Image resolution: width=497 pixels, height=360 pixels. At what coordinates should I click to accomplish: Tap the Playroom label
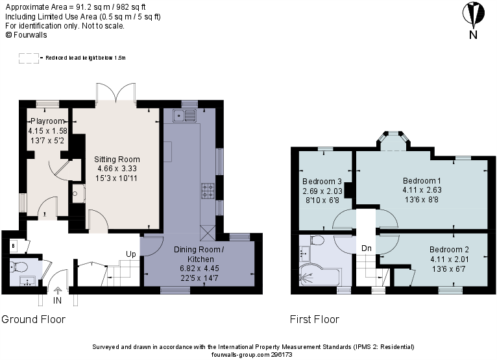(x=47, y=121)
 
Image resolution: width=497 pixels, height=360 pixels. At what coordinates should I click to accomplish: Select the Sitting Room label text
(x=117, y=159)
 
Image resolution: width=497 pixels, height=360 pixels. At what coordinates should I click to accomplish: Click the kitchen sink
(x=185, y=116)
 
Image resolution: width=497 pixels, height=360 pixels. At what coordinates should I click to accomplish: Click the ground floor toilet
(x=17, y=266)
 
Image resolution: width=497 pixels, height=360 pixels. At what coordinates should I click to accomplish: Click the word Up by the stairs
(x=130, y=254)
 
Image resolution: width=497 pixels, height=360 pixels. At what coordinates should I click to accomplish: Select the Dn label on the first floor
(x=367, y=247)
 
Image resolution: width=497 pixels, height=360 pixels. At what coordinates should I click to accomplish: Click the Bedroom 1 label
(x=422, y=180)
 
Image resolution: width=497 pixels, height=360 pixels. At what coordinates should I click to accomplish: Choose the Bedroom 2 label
(x=449, y=250)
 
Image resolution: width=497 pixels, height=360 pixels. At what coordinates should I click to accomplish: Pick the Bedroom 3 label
(x=322, y=181)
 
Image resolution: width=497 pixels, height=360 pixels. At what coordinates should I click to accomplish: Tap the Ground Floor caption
(x=33, y=320)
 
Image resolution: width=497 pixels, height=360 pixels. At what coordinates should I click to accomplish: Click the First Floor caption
(x=315, y=320)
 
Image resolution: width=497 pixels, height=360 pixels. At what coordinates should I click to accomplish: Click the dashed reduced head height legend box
(x=29, y=58)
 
